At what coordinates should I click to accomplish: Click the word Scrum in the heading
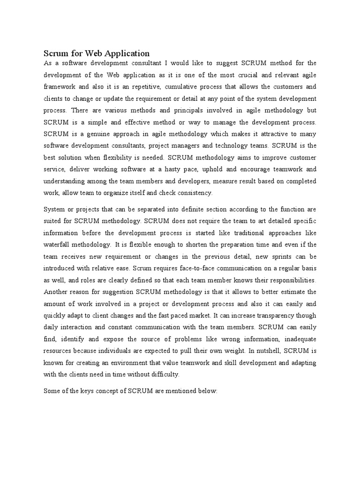[55, 53]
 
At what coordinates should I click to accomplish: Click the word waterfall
[59, 245]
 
